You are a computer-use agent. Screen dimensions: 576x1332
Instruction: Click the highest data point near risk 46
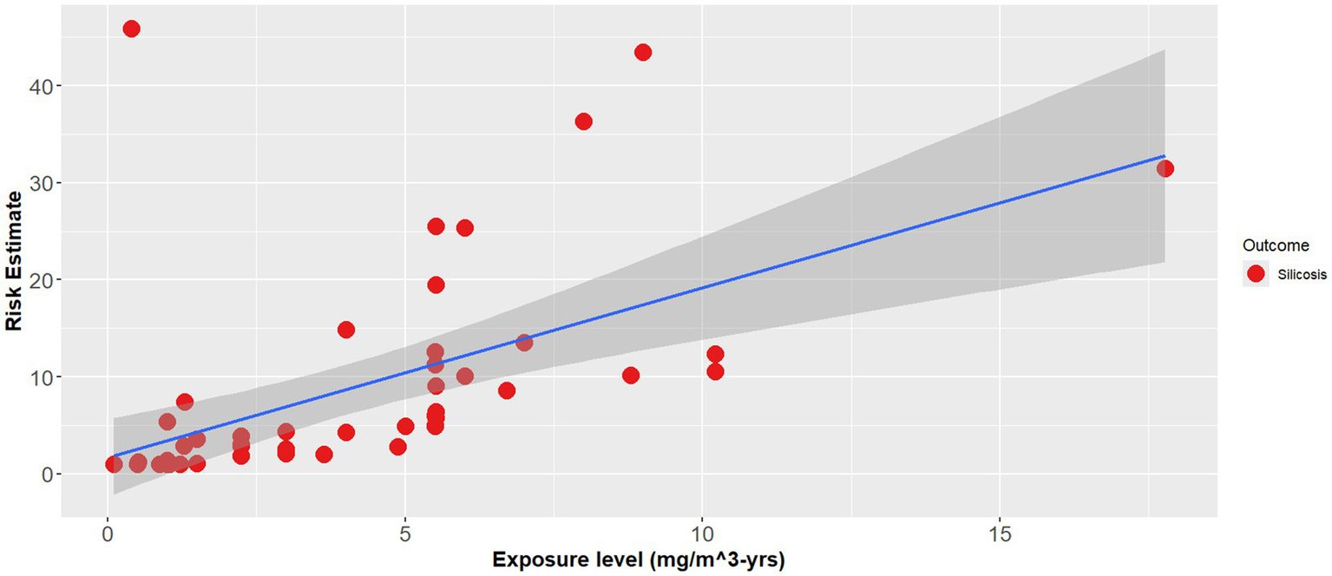click(131, 29)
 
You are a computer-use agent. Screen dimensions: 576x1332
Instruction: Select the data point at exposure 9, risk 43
click(643, 52)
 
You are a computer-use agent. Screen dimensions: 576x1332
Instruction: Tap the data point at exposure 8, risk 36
click(583, 121)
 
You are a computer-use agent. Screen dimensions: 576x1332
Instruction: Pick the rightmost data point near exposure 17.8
click(1165, 168)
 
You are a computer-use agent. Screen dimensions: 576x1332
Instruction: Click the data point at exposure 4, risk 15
click(346, 330)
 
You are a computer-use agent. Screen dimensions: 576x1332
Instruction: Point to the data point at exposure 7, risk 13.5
click(524, 343)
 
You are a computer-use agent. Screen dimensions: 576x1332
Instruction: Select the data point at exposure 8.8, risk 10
click(631, 376)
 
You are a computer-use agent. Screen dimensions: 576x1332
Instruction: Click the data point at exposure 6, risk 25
click(464, 228)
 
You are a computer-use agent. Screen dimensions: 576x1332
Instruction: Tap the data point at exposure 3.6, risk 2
click(324, 455)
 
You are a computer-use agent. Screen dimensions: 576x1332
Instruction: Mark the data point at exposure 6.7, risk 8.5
click(507, 390)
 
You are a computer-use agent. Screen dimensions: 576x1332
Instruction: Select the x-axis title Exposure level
click(639, 560)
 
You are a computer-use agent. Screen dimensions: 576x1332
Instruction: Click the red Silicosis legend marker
click(1255, 275)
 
